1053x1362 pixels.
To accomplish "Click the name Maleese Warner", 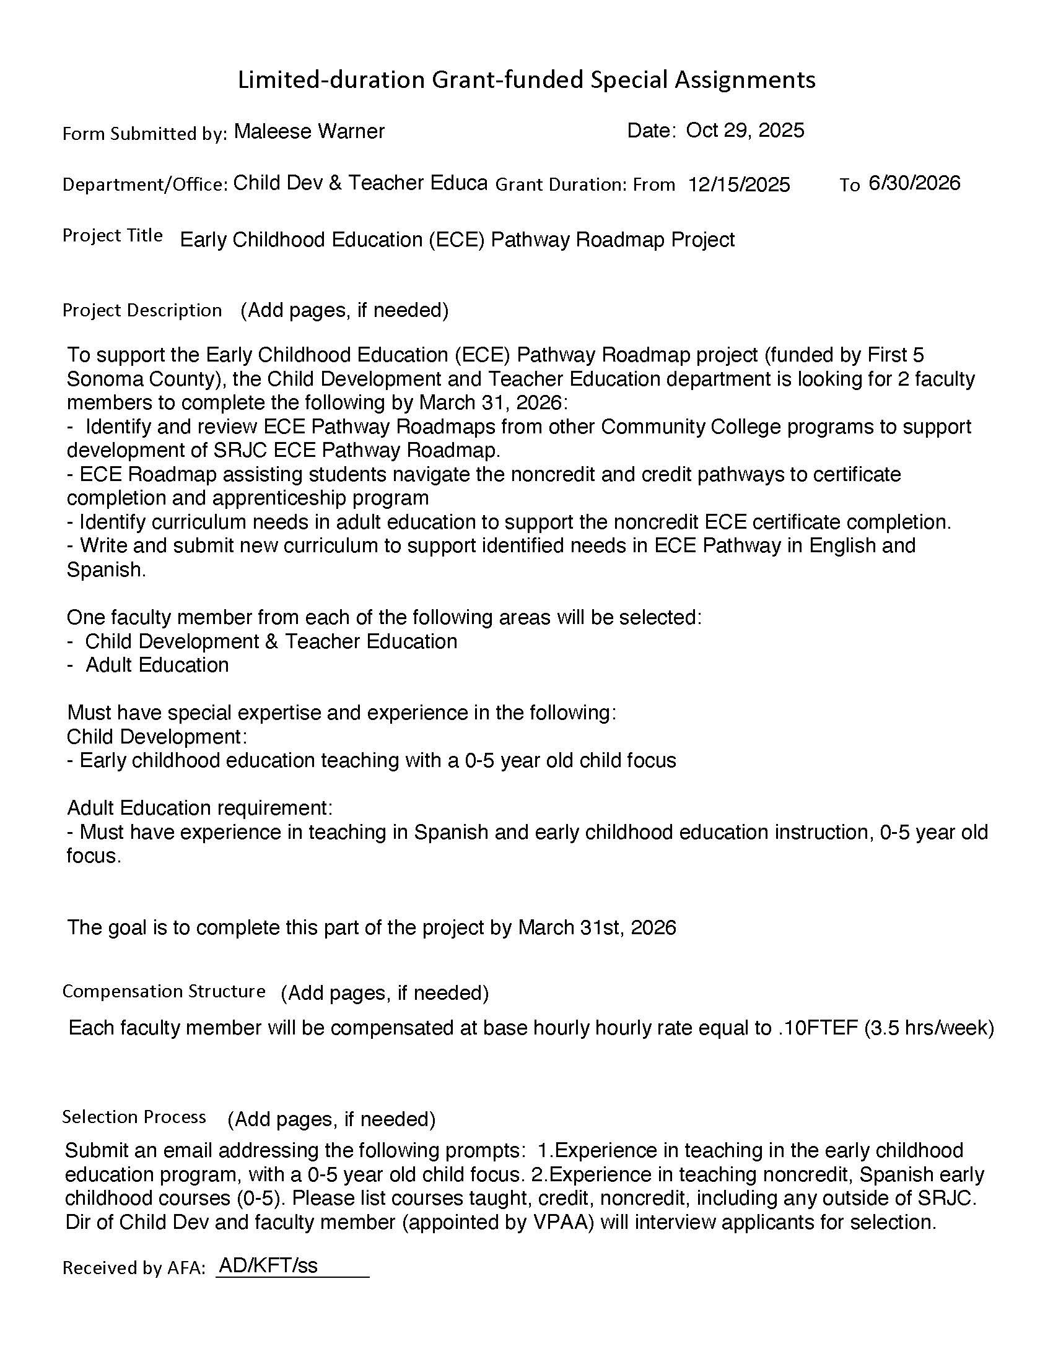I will (309, 132).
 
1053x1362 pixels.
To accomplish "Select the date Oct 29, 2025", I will (745, 131).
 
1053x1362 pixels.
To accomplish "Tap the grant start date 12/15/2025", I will (738, 184).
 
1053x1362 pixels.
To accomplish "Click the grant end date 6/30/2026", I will (914, 183).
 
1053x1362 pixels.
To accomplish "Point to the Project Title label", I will (112, 235).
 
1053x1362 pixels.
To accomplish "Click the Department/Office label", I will (145, 184).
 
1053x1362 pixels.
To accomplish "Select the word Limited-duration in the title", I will (331, 80).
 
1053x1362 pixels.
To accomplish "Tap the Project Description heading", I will (142, 310).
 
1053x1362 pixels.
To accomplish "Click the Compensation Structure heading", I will (164, 991).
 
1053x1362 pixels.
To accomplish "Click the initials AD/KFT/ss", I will (268, 1265).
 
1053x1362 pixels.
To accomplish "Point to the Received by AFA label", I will (134, 1268).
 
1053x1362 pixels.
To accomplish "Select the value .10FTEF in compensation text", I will (818, 1028).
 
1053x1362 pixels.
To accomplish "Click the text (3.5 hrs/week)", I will (929, 1028).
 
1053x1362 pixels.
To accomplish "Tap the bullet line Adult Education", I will (157, 666).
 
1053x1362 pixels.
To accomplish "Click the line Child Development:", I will (157, 737).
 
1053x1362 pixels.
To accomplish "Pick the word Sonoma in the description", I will (101, 379).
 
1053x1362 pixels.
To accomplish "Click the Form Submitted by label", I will (144, 134).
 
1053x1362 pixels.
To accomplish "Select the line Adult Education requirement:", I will (199, 808).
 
